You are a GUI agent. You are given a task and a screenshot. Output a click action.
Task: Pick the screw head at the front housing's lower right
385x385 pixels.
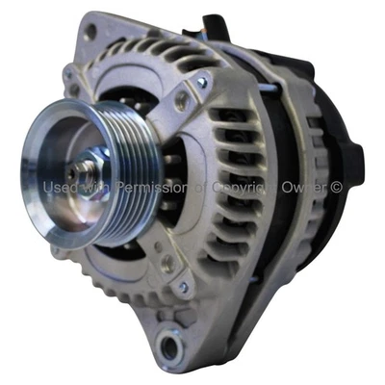pos(183,285)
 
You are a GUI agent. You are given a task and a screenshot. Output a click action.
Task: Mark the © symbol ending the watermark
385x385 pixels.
pos(336,187)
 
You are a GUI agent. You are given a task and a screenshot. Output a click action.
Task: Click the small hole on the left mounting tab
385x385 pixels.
pos(68,77)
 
